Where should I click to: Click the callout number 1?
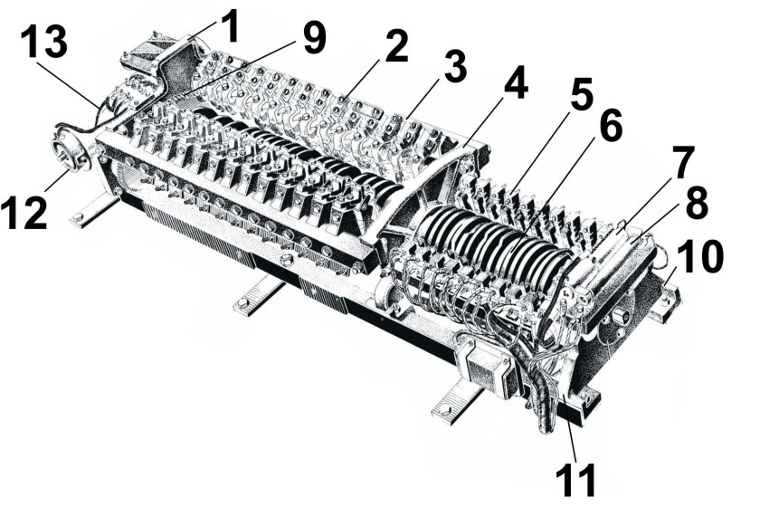[x=231, y=26]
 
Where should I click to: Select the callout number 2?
[x=395, y=49]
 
